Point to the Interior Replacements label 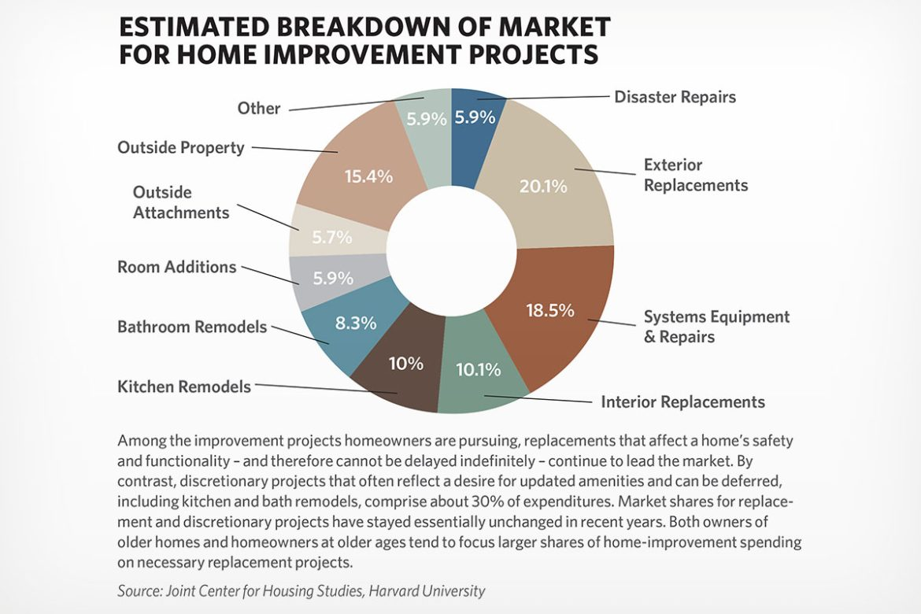[x=682, y=401]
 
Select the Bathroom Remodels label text [x=192, y=326]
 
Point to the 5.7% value [x=331, y=237]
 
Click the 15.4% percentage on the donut [x=368, y=176]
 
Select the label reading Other [x=259, y=108]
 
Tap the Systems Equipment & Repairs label [x=716, y=327]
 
